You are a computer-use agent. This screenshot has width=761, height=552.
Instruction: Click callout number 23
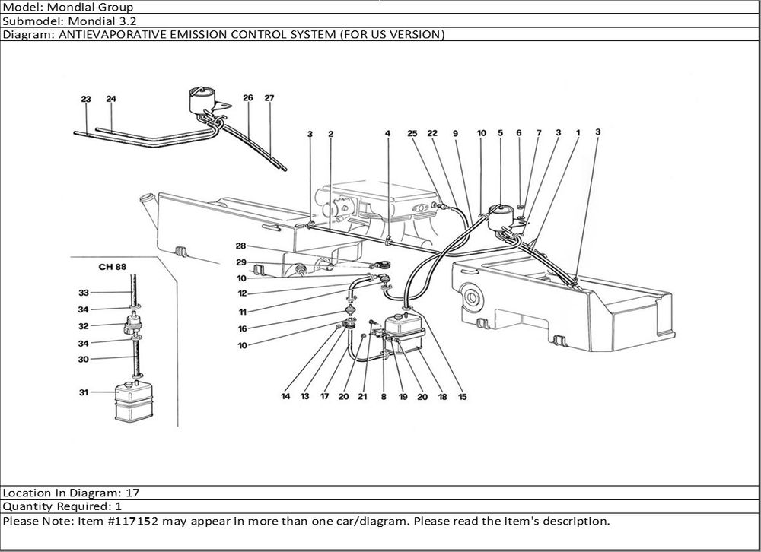coord(86,100)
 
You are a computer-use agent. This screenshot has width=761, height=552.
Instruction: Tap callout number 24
coord(111,100)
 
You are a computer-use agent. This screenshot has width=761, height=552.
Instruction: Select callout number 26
coord(248,98)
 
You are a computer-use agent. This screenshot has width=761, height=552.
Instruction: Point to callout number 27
coord(269,98)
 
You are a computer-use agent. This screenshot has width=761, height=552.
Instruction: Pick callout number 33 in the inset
coord(84,293)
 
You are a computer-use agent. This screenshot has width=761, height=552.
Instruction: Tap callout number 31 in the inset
coord(84,392)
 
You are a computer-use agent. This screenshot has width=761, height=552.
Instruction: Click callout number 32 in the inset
coord(84,326)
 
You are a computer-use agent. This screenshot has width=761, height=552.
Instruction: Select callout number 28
coord(240,246)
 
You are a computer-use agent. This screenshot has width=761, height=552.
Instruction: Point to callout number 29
coord(240,262)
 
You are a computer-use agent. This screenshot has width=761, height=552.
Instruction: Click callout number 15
coord(463,397)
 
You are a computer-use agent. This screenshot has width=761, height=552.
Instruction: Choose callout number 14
coord(285,397)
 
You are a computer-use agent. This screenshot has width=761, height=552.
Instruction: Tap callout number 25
coord(412,134)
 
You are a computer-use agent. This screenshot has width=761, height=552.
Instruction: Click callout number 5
coord(500,134)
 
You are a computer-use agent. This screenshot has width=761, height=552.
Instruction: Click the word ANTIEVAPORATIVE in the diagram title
coord(98,34)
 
